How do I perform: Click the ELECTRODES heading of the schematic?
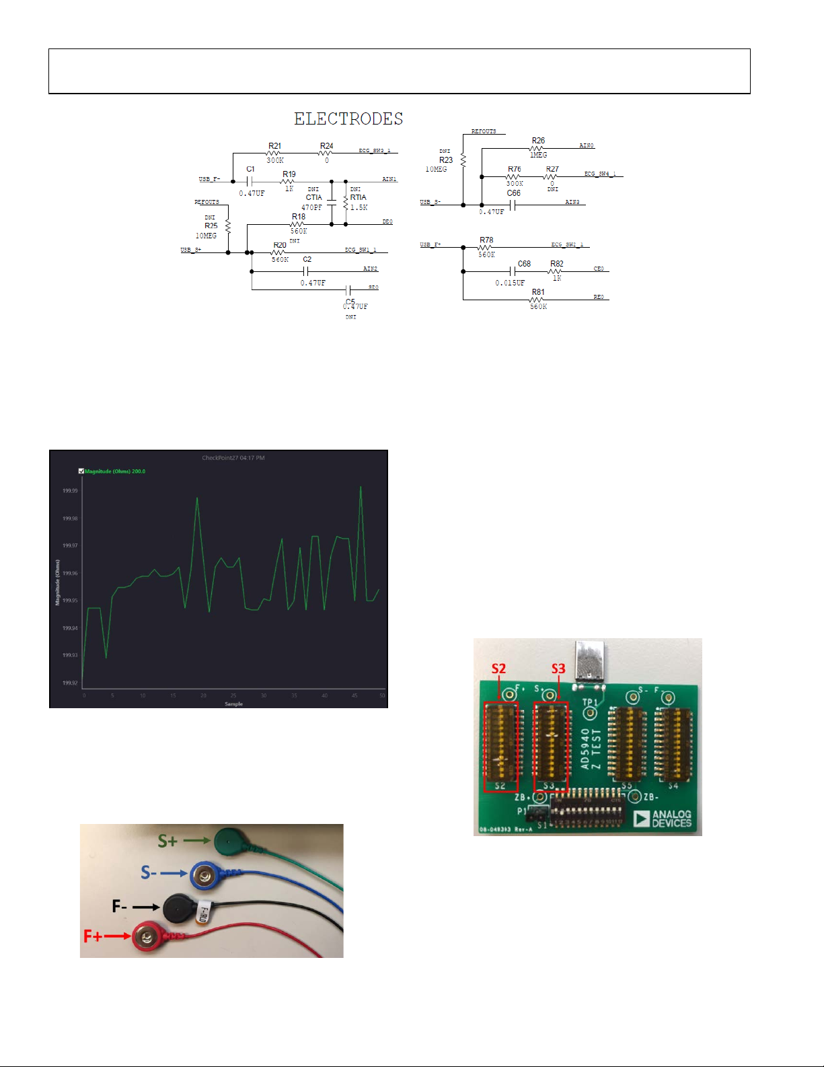tap(348, 119)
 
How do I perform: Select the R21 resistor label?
tap(274, 146)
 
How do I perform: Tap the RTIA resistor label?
tap(358, 197)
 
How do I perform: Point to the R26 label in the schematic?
tap(538, 141)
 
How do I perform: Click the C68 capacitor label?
tap(524, 264)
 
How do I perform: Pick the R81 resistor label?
tap(538, 292)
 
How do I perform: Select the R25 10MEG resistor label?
tap(211, 226)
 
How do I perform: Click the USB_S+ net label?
tap(190, 250)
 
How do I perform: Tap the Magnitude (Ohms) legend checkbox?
tap(81, 471)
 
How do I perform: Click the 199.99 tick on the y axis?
tap(70, 491)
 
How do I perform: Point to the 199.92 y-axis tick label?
tap(70, 683)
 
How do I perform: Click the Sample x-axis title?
tap(233, 703)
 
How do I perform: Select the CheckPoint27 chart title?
tap(233, 458)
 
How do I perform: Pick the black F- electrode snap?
tap(179, 908)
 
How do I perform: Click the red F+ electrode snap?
tap(146, 936)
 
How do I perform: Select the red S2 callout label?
tap(498, 668)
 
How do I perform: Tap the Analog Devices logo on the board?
tap(663, 818)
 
